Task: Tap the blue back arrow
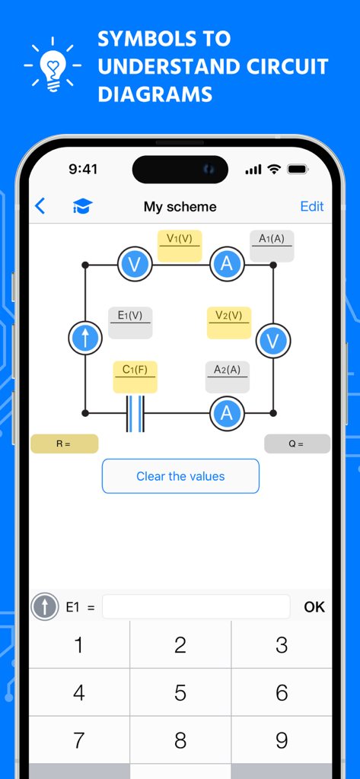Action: [x=40, y=206]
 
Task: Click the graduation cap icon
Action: [x=81, y=206]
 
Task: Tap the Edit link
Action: [x=312, y=206]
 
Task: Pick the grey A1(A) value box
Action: [x=272, y=246]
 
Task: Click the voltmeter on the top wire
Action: [x=135, y=265]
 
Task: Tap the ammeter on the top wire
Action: [x=227, y=265]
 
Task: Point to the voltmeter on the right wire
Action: [x=272, y=340]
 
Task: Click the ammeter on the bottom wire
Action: [x=227, y=413]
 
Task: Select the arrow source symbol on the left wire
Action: [x=85, y=338]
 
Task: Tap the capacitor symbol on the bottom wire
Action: [x=135, y=413]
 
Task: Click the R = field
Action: [x=65, y=444]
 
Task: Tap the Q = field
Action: [x=297, y=444]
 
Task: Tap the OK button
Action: [x=314, y=606]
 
